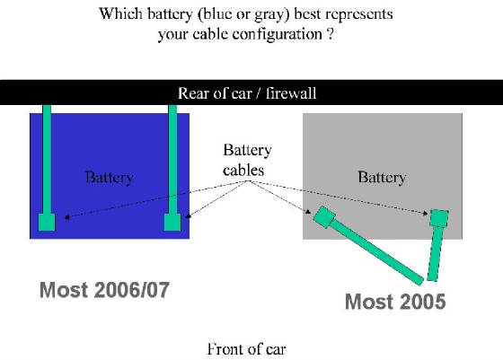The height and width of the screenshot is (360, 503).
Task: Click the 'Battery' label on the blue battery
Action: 109,178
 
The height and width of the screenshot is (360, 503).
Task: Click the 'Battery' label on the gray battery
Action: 382,178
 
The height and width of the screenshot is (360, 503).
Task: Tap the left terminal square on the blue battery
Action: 47,222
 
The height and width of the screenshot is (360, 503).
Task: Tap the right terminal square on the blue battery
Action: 172,222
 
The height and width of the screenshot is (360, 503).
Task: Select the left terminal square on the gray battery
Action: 324,217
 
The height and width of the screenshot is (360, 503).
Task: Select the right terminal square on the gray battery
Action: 439,218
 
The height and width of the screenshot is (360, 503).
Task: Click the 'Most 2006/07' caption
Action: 104,290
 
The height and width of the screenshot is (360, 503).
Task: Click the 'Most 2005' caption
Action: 395,302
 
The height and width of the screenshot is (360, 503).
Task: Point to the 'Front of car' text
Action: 246,349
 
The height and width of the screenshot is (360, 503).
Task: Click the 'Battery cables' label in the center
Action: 247,160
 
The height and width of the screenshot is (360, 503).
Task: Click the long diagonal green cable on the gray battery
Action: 375,251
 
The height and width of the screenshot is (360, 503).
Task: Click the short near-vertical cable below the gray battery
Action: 436,254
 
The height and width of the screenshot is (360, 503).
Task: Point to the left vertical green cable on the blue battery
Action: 47,160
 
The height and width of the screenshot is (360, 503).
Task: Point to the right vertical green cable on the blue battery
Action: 172,160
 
